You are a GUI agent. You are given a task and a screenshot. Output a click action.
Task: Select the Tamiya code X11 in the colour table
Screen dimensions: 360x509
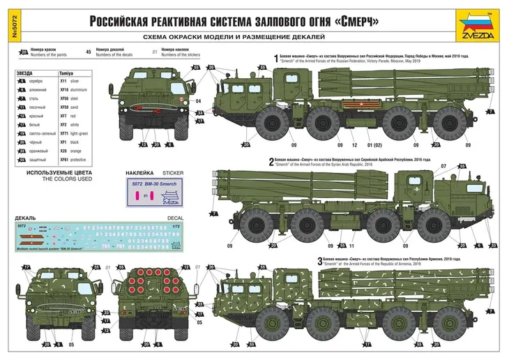pyautogui.click(x=63, y=82)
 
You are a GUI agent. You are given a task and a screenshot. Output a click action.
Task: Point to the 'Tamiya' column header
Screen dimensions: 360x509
pyautogui.click(x=66, y=73)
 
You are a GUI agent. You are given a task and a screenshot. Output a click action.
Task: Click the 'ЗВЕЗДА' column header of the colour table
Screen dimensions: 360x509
pyautogui.click(x=26, y=73)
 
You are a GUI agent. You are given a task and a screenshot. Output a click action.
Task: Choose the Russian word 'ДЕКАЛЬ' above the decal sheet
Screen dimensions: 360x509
pyautogui.click(x=26, y=218)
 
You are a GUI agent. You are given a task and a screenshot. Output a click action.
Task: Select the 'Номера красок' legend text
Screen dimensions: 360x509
pyautogui.click(x=42, y=50)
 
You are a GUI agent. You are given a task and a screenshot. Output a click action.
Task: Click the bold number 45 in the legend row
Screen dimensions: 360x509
pyautogui.click(x=88, y=52)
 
